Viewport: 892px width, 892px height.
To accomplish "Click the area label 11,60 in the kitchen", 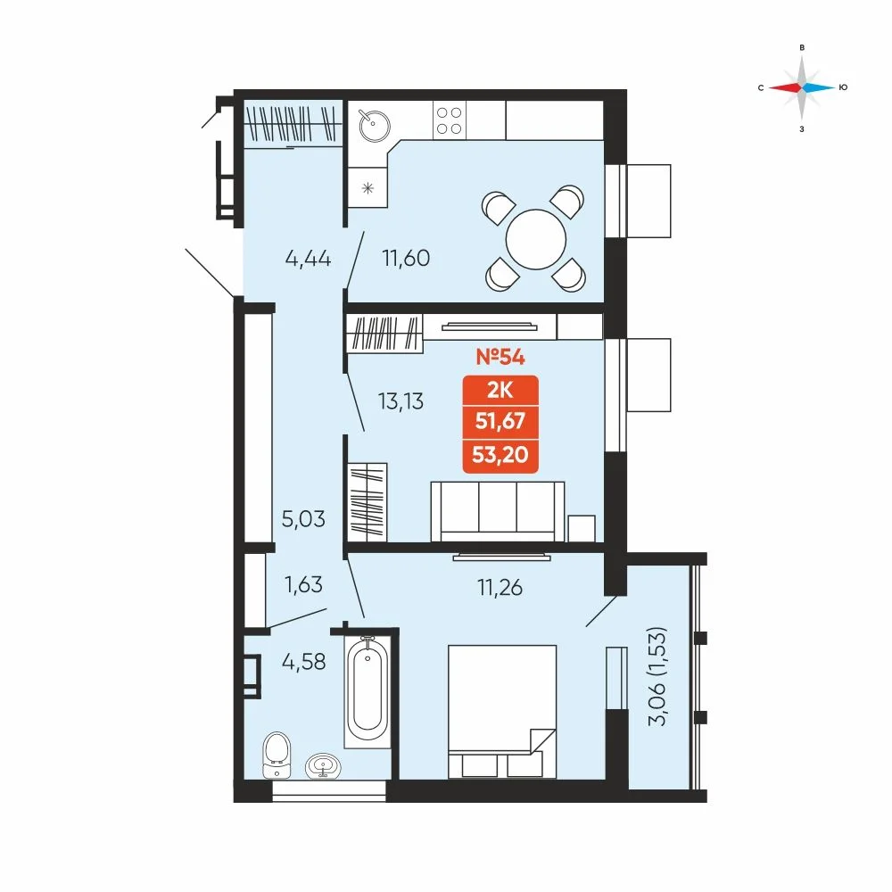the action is pos(406,259).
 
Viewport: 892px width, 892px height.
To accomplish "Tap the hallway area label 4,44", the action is pos(308,259).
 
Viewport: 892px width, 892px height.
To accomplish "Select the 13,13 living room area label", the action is pos(401,401).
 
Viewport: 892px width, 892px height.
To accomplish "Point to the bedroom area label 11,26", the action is pos(500,588).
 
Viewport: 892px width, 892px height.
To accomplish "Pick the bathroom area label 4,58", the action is pos(304,662).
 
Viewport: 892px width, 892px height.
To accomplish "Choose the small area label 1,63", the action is pos(304,585).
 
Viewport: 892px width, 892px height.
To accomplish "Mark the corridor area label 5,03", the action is pos(304,519).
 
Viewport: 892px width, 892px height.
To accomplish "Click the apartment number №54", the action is pos(500,357).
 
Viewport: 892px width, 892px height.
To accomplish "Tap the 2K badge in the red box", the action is pos(500,391).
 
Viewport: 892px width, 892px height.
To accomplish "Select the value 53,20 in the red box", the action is pos(500,455).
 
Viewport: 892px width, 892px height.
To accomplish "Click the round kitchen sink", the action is pos(375,125).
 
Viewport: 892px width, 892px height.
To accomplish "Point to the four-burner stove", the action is pos(450,120).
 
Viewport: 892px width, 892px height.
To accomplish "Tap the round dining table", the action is pos(536,239).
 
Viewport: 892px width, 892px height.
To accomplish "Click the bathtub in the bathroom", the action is pos(368,692).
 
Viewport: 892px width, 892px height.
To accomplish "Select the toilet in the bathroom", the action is pos(277,755).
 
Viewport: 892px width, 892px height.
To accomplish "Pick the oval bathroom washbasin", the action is pos(324,766).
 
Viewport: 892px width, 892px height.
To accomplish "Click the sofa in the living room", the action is pos(498,512).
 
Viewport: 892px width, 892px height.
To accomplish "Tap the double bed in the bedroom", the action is pos(502,712).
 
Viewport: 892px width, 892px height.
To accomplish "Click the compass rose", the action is pos(802,87).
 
